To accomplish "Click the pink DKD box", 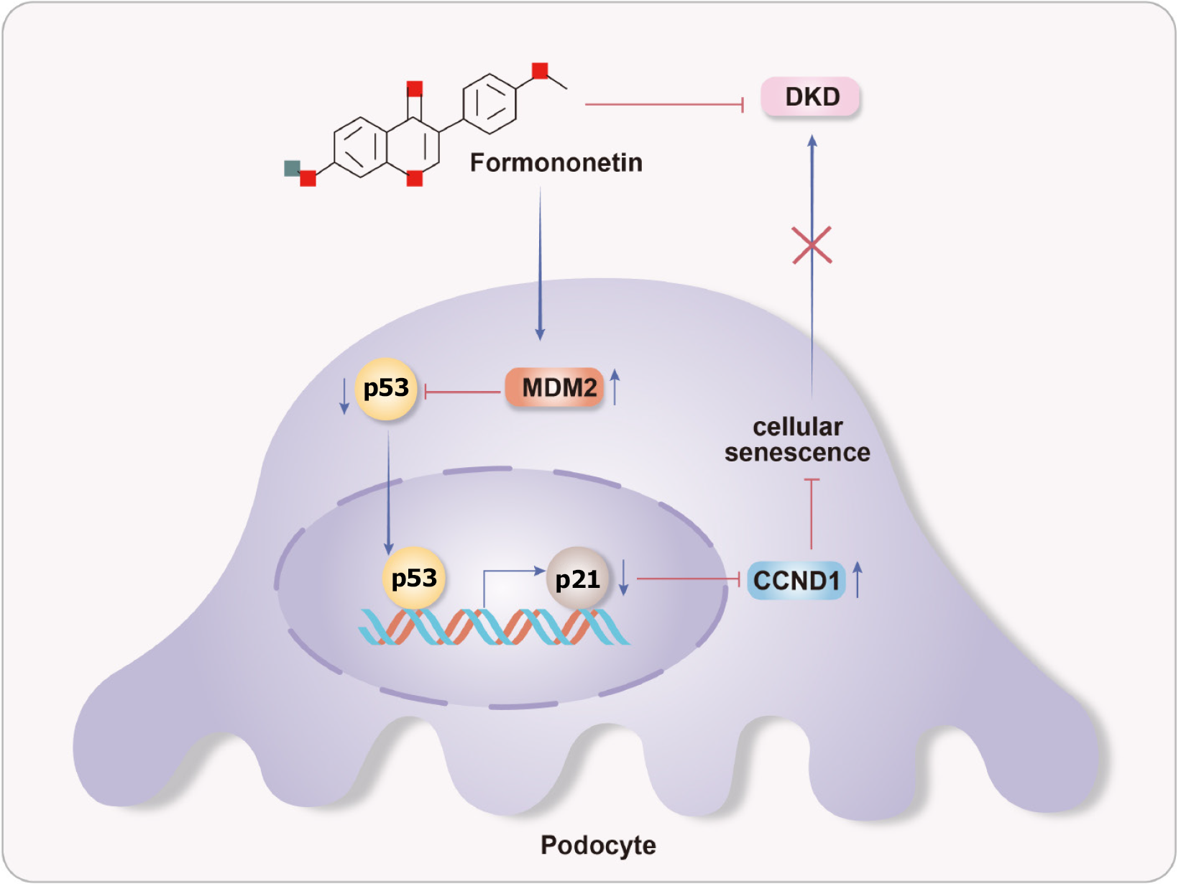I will point(811,97).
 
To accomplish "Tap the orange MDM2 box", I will point(555,388).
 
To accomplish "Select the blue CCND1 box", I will point(796,581).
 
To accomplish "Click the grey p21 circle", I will point(577,579).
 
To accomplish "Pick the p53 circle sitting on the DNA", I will point(414,578).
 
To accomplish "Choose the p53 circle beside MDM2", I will point(386,388).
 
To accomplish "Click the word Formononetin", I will point(556,162).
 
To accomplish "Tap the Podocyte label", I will point(598,845).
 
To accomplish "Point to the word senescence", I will point(797,453).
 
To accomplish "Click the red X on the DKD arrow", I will point(812,244).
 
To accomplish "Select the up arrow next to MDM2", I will point(615,387).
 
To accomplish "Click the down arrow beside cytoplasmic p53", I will point(344,395).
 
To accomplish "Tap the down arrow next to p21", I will point(624,578).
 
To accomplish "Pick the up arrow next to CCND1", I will point(858,579).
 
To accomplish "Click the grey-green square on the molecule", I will point(292,168).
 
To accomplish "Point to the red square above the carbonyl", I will point(415,89).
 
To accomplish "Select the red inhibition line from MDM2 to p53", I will point(464,392).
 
